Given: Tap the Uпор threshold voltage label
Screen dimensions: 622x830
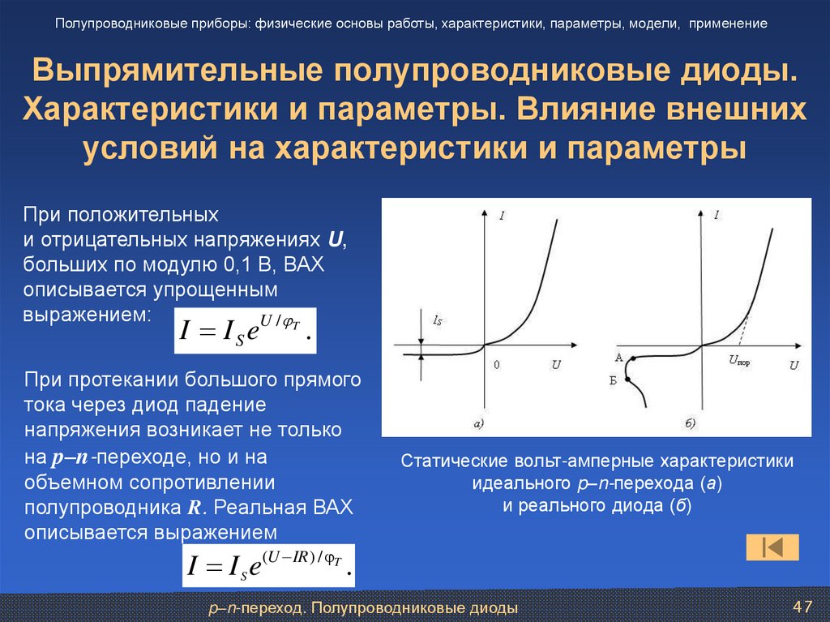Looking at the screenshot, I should coord(738,363).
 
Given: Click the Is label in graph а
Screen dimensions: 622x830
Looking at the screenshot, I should coord(438,322).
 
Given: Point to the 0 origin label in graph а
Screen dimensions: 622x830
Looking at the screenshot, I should coord(496,365).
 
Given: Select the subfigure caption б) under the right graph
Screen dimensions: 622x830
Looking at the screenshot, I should coord(691,423).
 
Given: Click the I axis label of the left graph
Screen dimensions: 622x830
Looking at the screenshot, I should coord(503,216).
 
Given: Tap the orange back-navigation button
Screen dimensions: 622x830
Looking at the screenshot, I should coord(772,547).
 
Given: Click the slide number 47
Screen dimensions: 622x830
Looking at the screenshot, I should coord(802,607).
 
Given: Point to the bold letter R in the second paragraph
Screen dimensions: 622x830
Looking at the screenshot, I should coord(193,509).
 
